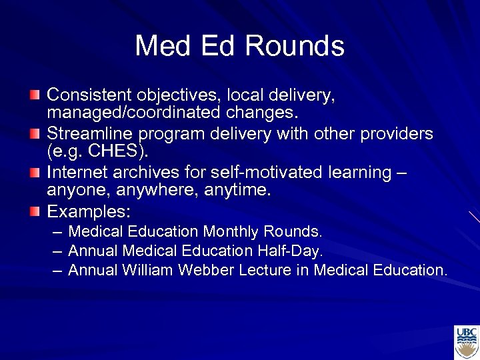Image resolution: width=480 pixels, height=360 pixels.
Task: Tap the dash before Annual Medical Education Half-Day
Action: pos(56,251)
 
